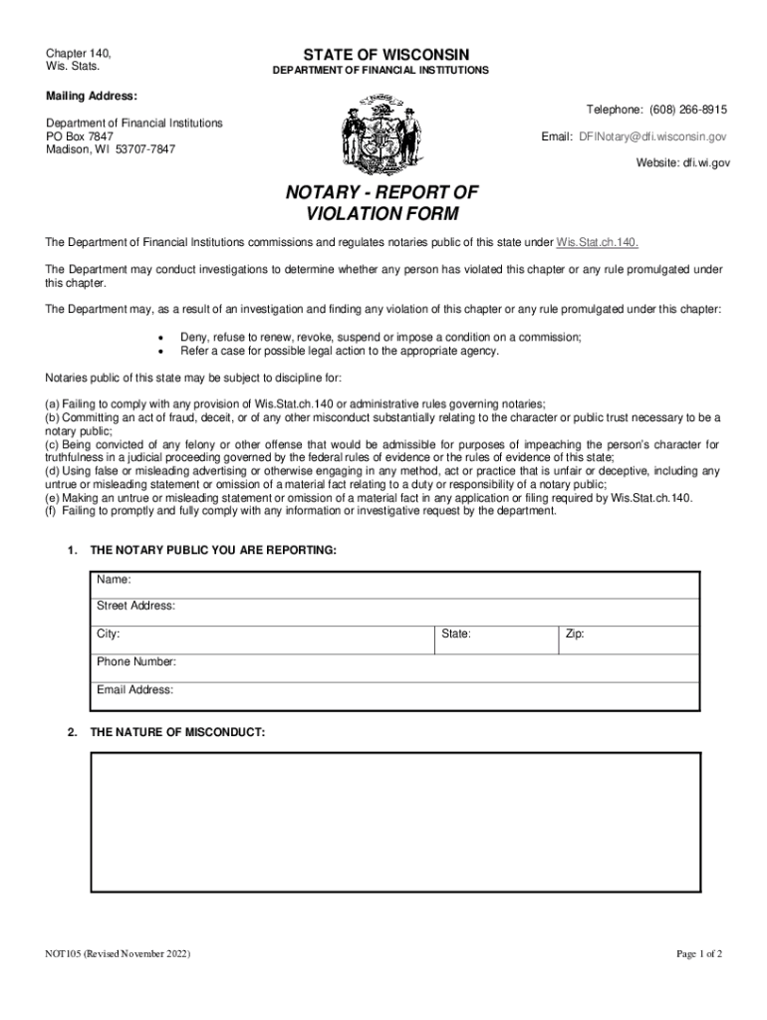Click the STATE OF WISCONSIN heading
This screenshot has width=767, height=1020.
(x=381, y=54)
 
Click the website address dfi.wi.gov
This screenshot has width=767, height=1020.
(x=703, y=162)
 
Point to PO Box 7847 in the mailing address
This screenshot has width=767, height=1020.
(x=81, y=136)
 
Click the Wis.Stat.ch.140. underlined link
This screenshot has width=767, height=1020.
(x=597, y=242)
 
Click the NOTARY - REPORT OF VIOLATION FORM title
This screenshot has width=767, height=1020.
(x=383, y=202)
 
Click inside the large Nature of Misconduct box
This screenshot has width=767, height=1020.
(x=395, y=822)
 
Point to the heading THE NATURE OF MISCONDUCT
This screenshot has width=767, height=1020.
(x=177, y=732)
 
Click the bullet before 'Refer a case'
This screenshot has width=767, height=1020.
(x=160, y=352)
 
